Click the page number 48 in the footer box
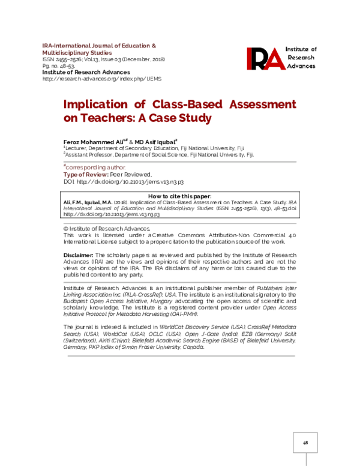click(x=305, y=442)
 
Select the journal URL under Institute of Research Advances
click(x=101, y=79)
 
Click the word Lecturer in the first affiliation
click(x=77, y=147)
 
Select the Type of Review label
click(x=83, y=174)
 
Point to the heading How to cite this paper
click(x=179, y=196)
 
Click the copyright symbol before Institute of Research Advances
click(x=65, y=229)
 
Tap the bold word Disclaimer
click(x=78, y=256)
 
